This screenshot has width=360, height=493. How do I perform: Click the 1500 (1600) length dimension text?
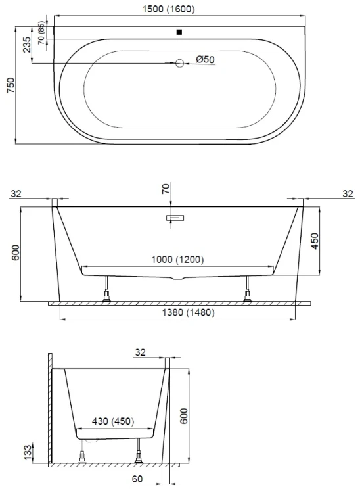coord(168,9)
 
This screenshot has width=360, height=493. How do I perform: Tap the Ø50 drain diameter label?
coord(205,59)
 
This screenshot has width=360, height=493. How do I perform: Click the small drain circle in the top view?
coord(179,64)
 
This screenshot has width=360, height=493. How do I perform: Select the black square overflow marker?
coord(179,32)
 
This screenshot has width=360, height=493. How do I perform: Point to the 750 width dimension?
coord(11,85)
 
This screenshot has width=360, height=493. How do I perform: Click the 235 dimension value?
coord(27,45)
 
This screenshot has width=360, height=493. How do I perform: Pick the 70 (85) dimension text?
coord(41,33)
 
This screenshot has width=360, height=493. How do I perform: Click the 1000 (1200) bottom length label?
coord(178,260)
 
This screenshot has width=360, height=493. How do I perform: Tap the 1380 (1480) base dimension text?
coord(188,312)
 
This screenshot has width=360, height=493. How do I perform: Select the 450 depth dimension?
coord(315,241)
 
